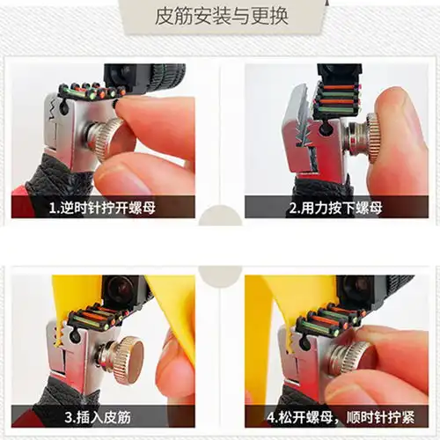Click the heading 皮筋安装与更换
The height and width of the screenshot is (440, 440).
point(222,17)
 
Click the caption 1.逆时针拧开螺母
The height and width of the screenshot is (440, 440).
point(102,208)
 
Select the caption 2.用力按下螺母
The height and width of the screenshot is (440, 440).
point(336,208)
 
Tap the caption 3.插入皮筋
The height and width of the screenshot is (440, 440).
point(98,417)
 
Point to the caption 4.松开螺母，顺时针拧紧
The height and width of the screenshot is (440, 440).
point(341,417)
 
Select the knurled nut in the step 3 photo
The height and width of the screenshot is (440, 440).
point(126,358)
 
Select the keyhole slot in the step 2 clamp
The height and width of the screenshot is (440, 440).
point(325,129)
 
